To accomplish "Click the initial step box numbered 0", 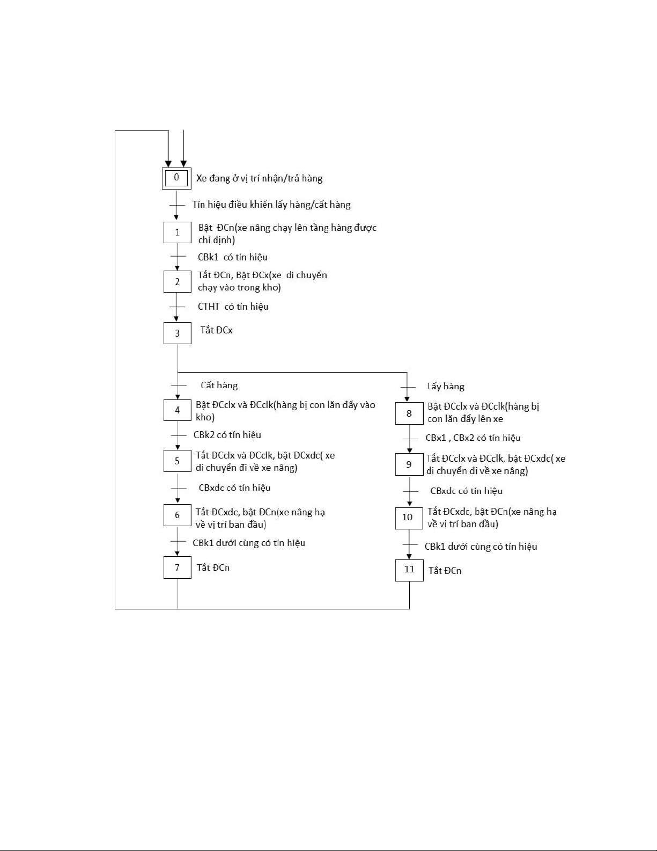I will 176,178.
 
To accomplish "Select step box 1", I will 177,232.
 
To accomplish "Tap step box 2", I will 177,281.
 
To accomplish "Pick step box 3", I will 177,333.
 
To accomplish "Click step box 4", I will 177,410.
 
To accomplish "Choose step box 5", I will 177,461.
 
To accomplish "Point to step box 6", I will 177,515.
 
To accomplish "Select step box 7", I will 177,568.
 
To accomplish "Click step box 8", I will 409,413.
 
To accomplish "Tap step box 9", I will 409,464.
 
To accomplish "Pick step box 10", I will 409,518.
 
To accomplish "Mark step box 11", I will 409,570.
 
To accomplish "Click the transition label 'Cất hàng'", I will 219,385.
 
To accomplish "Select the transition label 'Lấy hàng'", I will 446,386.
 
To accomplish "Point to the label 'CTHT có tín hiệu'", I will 233,307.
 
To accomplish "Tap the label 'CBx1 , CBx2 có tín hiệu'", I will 473,438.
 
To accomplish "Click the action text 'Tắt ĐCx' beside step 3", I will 217,330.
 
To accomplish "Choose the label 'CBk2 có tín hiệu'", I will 227,435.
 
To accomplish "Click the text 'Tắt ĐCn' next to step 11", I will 445,570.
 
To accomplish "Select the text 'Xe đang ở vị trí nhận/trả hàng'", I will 259,178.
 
